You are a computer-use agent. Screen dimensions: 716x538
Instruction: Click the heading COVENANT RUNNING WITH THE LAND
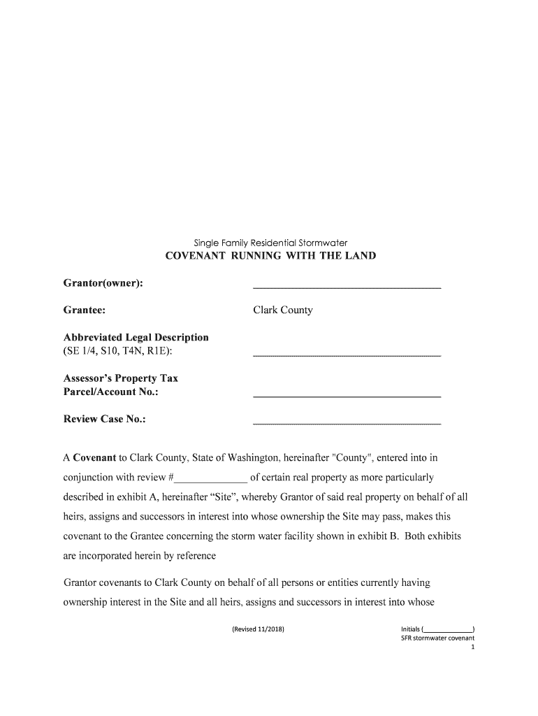point(270,256)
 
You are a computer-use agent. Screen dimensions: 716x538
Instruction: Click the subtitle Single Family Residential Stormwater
point(270,243)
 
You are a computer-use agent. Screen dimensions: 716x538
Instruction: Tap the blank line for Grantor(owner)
point(347,287)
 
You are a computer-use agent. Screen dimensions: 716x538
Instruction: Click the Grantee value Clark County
point(282,310)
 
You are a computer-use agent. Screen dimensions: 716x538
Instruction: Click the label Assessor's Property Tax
point(121,378)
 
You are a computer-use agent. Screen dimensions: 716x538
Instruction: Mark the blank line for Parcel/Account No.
point(347,396)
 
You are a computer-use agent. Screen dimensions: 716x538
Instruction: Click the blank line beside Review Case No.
point(347,423)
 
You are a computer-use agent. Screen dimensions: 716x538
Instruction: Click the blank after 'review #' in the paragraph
point(210,479)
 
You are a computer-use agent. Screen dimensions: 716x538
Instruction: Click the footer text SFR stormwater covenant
point(432,638)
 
